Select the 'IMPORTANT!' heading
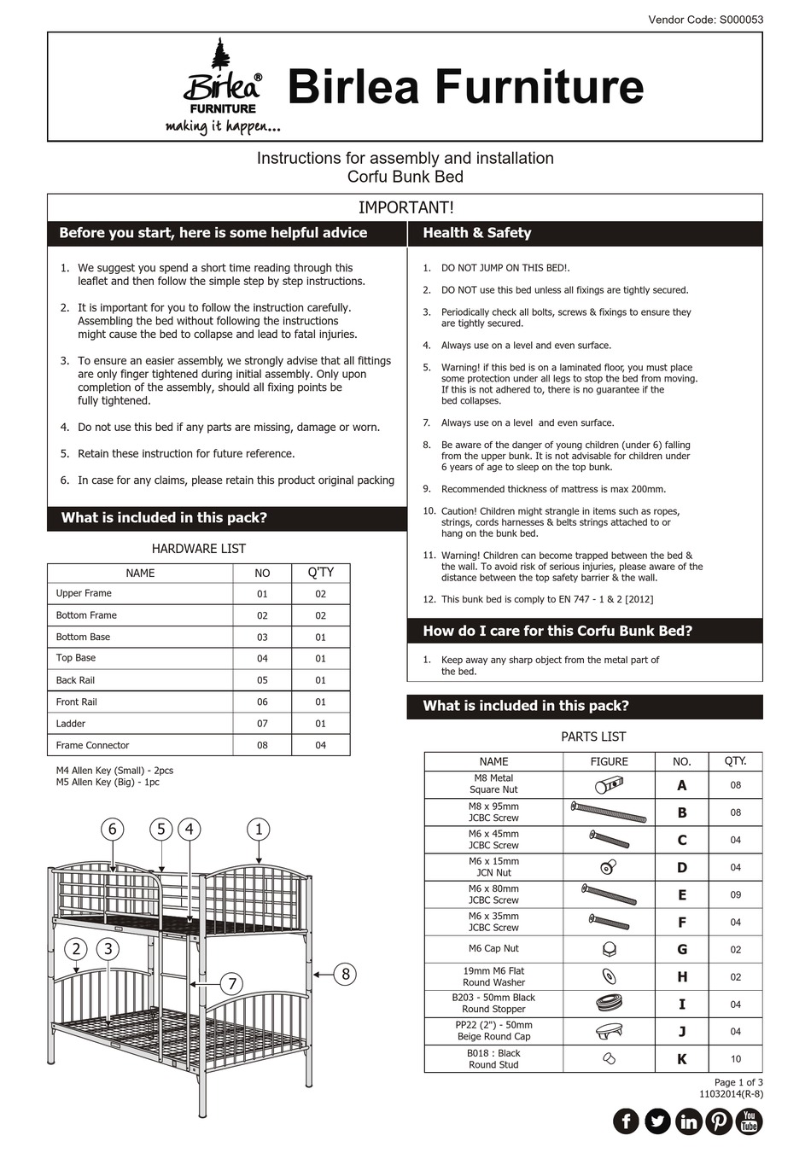click(x=405, y=207)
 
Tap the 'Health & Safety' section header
click(x=477, y=233)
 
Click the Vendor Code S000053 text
click(x=705, y=20)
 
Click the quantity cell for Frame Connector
click(x=321, y=745)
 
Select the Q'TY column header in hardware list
click(x=321, y=573)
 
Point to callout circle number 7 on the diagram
click(x=232, y=984)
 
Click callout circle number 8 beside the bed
click(x=345, y=974)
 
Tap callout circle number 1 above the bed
click(x=259, y=829)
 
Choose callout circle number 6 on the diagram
click(x=112, y=829)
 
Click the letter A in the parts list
click(x=681, y=785)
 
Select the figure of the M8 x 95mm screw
click(x=609, y=812)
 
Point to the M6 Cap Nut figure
click(x=609, y=949)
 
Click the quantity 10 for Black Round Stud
click(x=735, y=1059)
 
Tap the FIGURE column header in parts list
click(x=609, y=761)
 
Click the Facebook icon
click(x=626, y=1121)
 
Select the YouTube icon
click(x=749, y=1121)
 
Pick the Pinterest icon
click(x=718, y=1121)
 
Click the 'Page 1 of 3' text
click(x=738, y=1082)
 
